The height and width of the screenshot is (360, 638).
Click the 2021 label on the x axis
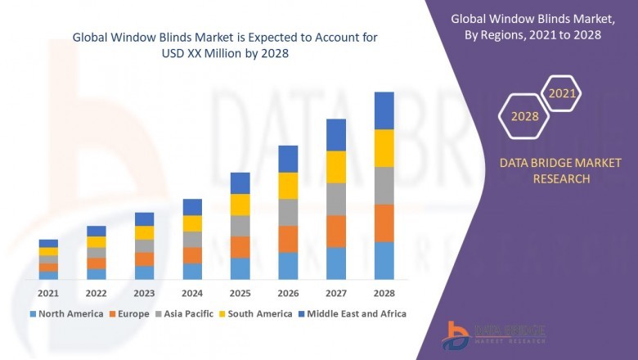point(48,293)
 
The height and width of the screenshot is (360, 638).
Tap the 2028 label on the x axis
point(384,293)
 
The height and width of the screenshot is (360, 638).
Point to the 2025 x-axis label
point(240,293)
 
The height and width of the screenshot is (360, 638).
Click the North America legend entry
point(66,313)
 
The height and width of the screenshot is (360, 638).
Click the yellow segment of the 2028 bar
point(384,148)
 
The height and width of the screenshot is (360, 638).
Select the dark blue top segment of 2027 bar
point(336,135)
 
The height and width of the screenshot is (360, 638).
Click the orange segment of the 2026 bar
point(288,239)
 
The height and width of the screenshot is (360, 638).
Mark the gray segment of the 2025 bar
point(240,226)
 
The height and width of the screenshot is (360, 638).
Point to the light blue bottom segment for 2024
point(192,271)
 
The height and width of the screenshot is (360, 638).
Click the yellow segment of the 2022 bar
point(97,241)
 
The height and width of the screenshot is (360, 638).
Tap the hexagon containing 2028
point(524,116)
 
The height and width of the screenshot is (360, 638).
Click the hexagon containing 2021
point(562,93)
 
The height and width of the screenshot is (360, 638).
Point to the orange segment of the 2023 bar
point(144,259)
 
